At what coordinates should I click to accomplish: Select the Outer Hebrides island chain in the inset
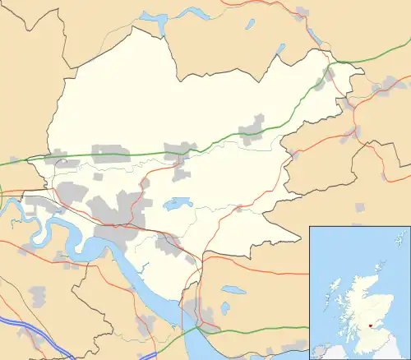(x=329, y=288)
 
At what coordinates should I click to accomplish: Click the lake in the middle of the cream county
(x=177, y=202)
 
